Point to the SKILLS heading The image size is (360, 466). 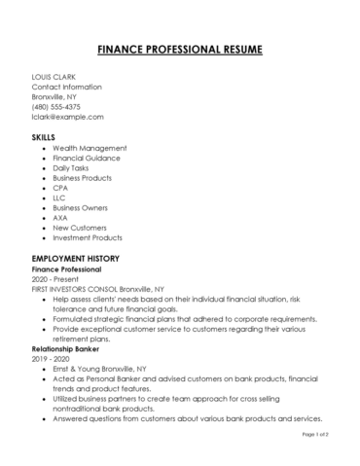[44, 137]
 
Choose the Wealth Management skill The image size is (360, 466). [90, 148]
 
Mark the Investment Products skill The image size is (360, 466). [88, 237]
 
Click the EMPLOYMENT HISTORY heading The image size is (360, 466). [75, 258]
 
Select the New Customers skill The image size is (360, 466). [81, 228]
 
